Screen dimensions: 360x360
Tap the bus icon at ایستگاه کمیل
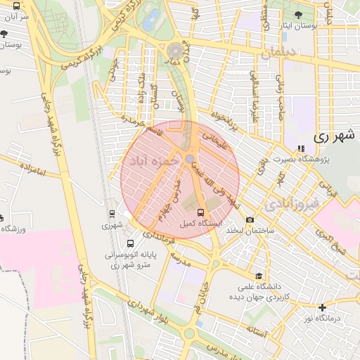pyautogui.click(x=202, y=212)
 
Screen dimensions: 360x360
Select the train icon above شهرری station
pyautogui.click(x=111, y=213)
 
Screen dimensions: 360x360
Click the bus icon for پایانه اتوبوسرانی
pyautogui.click(x=129, y=243)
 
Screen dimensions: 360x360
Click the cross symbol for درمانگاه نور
pyautogui.click(x=322, y=307)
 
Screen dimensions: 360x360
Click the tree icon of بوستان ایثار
pyautogui.click(x=298, y=14)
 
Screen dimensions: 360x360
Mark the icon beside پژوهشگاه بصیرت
pyautogui.click(x=302, y=148)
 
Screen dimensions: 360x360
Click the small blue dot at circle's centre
pyautogui.click(x=190, y=159)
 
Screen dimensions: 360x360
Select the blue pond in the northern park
pyautogui.click(x=151, y=20)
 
